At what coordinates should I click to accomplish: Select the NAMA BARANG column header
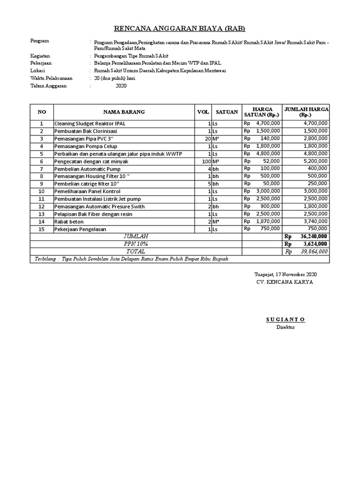pos(124,112)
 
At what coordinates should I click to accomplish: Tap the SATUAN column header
pos(226,112)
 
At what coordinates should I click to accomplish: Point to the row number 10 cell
pos(42,191)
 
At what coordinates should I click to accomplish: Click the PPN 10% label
pos(135,244)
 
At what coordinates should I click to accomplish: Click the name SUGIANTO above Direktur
pos(285,319)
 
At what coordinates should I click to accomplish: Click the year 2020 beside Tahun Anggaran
pos(121,86)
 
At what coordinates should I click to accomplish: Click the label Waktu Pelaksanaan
pos(52,78)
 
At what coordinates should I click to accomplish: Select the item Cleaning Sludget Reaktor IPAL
pos(90,123)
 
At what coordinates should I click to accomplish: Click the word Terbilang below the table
pos(46,259)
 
